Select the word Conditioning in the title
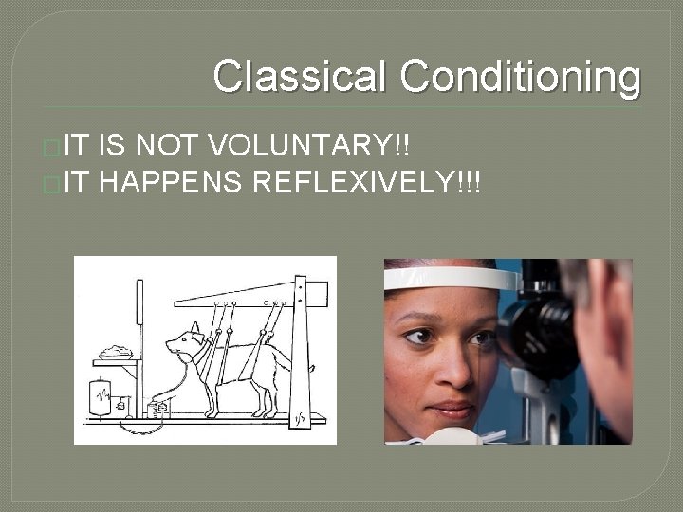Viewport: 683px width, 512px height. (520, 77)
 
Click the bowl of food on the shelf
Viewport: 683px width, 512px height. (118, 352)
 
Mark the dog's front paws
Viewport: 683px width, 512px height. (211, 413)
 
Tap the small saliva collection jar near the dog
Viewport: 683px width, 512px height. (157, 409)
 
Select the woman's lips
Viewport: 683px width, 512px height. (450, 409)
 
